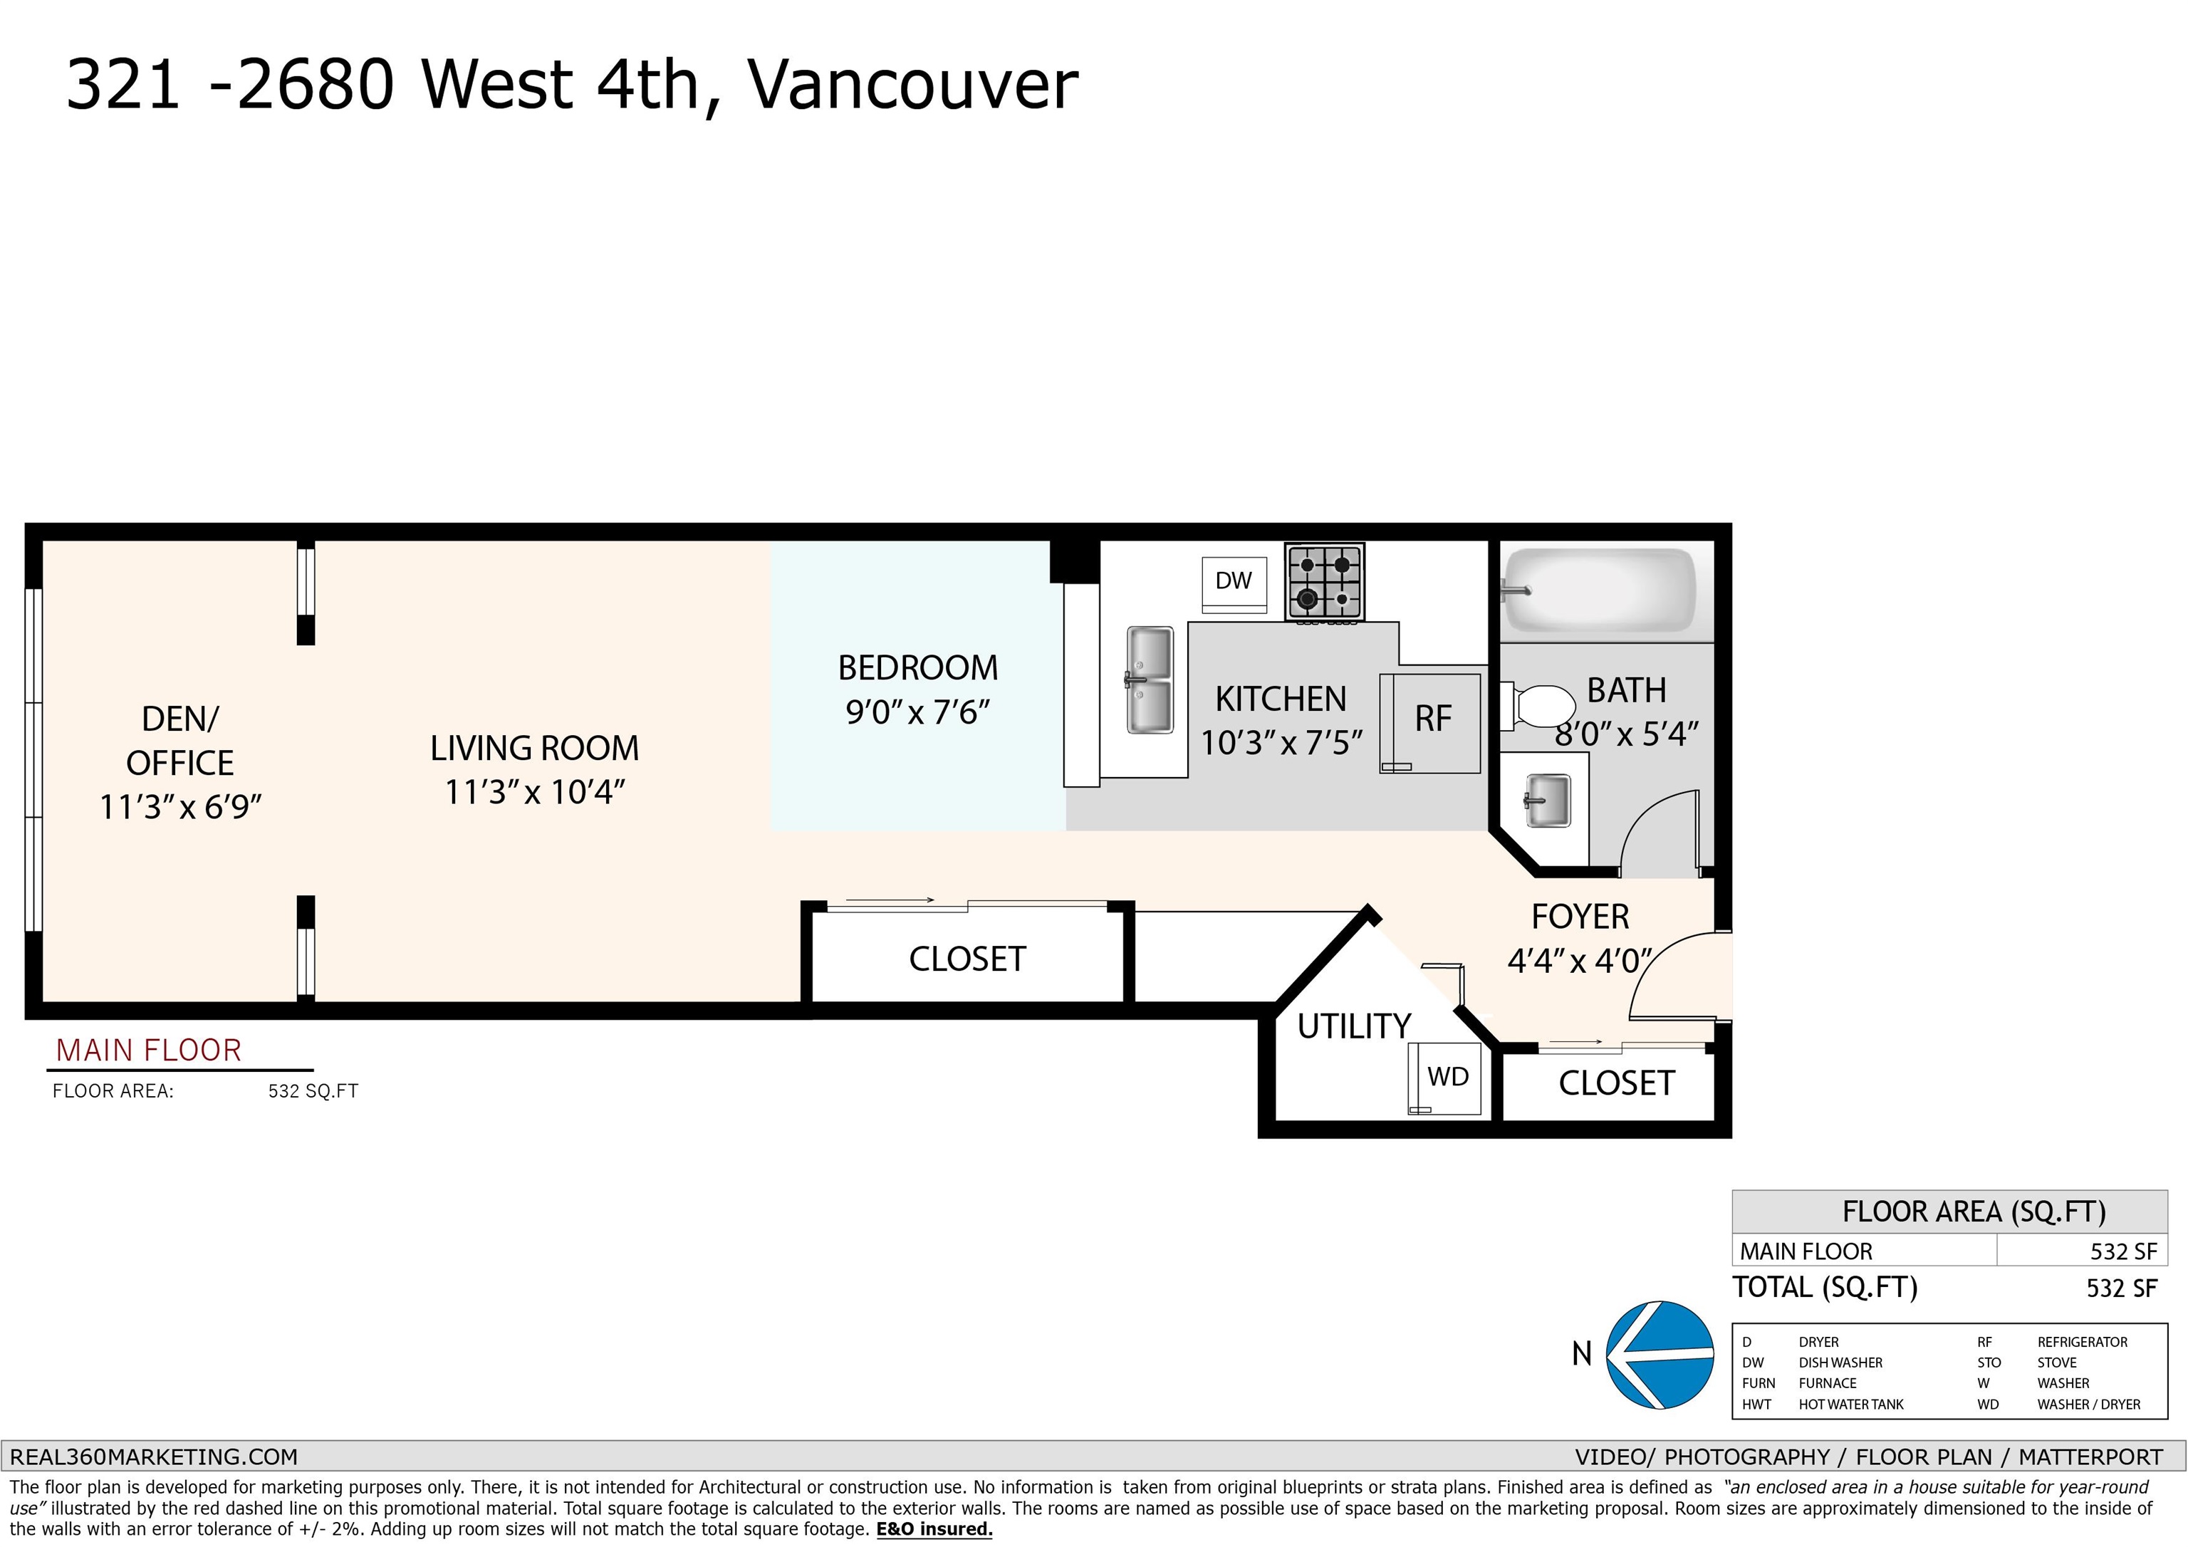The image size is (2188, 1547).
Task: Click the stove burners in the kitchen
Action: pyautogui.click(x=1325, y=581)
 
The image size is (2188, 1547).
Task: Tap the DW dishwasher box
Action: pyautogui.click(x=1234, y=581)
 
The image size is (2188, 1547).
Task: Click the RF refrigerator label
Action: pyautogui.click(x=1433, y=719)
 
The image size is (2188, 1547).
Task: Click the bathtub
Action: pyautogui.click(x=1601, y=589)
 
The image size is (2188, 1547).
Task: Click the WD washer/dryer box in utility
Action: pyautogui.click(x=1447, y=1077)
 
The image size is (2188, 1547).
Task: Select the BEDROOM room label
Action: pyautogui.click(x=917, y=668)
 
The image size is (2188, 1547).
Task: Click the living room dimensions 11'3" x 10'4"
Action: pyautogui.click(x=535, y=792)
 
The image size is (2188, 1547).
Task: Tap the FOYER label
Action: pyautogui.click(x=1580, y=917)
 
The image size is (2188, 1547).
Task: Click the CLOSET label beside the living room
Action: pyautogui.click(x=967, y=959)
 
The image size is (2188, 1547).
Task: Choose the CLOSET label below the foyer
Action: pyautogui.click(x=1616, y=1084)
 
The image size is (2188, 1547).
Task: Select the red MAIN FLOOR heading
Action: pyautogui.click(x=149, y=1051)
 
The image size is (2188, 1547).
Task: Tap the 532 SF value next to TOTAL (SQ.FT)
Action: pyautogui.click(x=2121, y=1288)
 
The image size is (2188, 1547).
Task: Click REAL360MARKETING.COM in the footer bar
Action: pyautogui.click(x=153, y=1457)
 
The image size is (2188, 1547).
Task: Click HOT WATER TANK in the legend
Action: pyautogui.click(x=1850, y=1404)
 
